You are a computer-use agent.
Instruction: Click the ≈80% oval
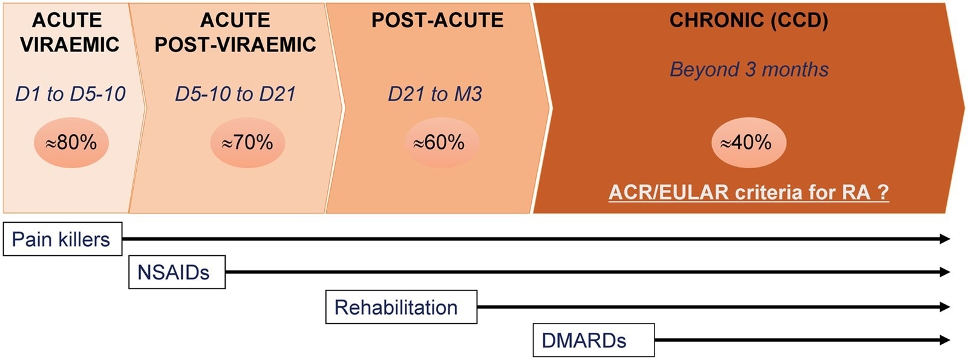coord(71,143)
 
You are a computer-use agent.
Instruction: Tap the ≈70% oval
coord(247,143)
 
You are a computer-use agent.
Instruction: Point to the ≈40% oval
coord(747,143)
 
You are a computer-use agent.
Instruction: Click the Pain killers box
coord(62,239)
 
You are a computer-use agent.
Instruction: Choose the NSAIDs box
coord(177,272)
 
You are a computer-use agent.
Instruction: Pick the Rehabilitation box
coord(401,307)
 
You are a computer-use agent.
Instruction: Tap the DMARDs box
coord(593,341)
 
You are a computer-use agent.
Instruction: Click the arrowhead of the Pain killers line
coord(945,239)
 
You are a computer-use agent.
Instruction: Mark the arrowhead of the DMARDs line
coord(945,341)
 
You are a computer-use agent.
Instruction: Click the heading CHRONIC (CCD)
coord(748,21)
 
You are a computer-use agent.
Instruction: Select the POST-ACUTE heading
coord(437,21)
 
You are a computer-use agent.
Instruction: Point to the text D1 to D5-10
coord(70,94)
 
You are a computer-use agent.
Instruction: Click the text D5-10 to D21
coord(235,94)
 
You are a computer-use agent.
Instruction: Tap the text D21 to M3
coord(435,94)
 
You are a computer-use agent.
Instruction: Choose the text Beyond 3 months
coord(749,70)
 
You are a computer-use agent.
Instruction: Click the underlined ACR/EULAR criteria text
coord(748,192)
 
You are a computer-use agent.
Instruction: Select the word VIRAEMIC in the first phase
coord(70,45)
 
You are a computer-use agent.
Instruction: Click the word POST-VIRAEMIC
coord(235,45)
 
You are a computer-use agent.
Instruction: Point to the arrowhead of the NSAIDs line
coord(945,272)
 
